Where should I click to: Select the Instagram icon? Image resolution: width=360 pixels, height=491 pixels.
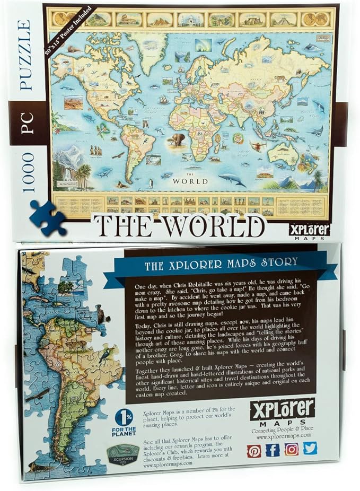(292, 449)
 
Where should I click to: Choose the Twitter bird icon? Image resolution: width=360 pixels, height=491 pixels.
(310, 448)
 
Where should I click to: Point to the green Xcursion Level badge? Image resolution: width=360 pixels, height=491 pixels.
(123, 454)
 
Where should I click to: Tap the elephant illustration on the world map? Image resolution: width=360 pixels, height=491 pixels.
(177, 139)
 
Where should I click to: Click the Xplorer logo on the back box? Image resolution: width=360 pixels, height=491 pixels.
(282, 408)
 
